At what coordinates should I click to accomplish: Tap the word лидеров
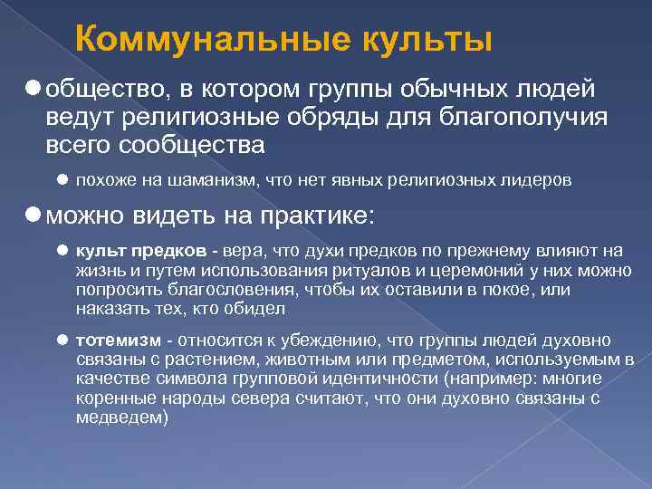540,180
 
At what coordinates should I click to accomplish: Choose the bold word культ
97,251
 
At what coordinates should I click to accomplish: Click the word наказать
107,309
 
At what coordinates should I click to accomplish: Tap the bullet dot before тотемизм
62,340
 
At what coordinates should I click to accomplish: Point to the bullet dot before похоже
62,180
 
